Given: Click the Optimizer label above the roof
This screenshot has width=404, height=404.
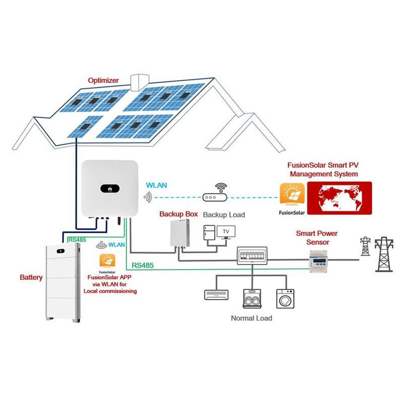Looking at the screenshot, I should pos(103,80).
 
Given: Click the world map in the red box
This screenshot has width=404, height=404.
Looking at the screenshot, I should pos(339,198).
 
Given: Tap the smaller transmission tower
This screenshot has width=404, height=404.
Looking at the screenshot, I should pos(365,246).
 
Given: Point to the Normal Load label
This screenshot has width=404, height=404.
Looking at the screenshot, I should pos(251,318).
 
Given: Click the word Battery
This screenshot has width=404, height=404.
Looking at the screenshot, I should pos(31,277).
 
